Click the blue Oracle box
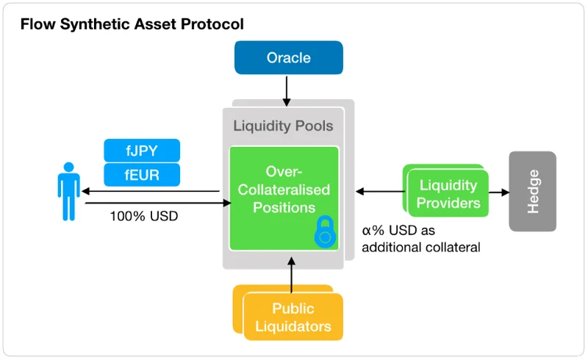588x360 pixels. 288,57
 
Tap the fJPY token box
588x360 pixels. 142,151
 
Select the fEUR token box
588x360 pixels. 142,175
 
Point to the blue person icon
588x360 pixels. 68,191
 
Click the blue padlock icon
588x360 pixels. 325,231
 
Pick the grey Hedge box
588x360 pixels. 532,191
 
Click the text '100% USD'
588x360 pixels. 143,216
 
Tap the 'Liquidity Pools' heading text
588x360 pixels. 283,126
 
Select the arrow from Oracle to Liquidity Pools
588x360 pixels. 287,91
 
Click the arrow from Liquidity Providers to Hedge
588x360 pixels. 499,192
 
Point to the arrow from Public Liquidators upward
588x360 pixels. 291,275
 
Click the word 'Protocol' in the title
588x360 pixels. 212,24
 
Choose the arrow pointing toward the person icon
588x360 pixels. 151,191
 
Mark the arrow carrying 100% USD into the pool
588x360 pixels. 158,203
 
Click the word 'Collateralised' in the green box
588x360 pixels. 284,190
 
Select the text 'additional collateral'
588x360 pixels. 420,248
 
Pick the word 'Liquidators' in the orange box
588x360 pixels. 293,326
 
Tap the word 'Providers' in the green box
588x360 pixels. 448,203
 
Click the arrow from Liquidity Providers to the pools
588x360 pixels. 380,191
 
